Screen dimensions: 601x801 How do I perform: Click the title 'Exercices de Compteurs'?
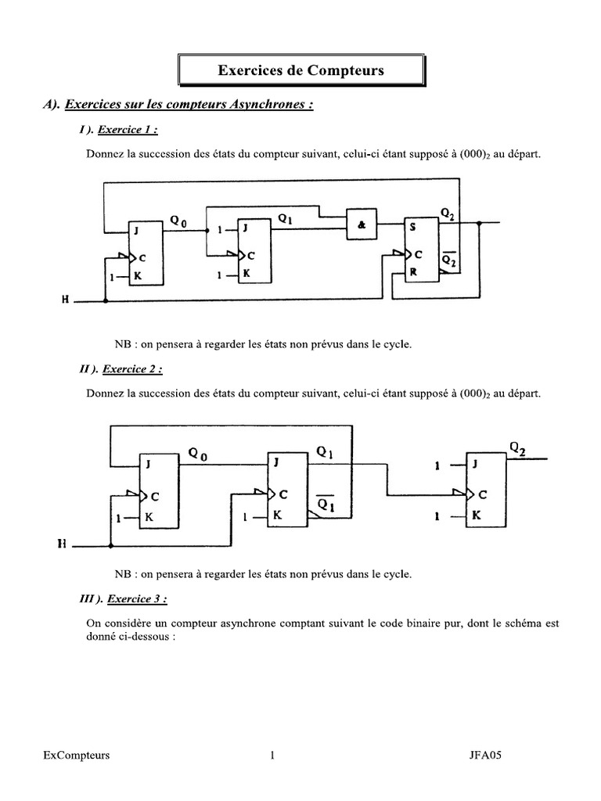[x=300, y=70]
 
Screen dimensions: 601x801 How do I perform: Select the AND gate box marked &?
[x=362, y=224]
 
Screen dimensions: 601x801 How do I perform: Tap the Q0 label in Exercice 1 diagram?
[x=178, y=221]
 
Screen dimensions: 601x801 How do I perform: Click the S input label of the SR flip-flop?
[x=412, y=227]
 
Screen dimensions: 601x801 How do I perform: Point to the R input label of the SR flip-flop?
[x=413, y=272]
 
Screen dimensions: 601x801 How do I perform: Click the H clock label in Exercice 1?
[x=66, y=300]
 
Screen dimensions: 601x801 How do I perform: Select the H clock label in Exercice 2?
[x=62, y=544]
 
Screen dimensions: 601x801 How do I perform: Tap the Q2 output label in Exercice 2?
[x=518, y=448]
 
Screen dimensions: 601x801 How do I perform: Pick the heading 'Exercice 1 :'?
[x=128, y=130]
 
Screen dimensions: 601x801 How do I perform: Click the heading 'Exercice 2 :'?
[x=132, y=369]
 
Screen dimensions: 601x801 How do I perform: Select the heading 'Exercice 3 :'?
[x=137, y=598]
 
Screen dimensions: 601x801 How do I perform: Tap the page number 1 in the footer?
[x=272, y=755]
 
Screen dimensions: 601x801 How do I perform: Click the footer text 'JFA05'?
[x=485, y=755]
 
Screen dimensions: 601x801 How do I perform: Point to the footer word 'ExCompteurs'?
[x=77, y=756]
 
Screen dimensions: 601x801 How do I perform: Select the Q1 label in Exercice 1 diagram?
[x=285, y=219]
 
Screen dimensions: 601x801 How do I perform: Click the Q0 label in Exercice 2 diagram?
[x=198, y=454]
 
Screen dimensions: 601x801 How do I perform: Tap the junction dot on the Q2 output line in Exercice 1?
[x=479, y=223]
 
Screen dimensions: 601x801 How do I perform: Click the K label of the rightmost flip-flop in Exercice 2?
[x=477, y=515]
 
